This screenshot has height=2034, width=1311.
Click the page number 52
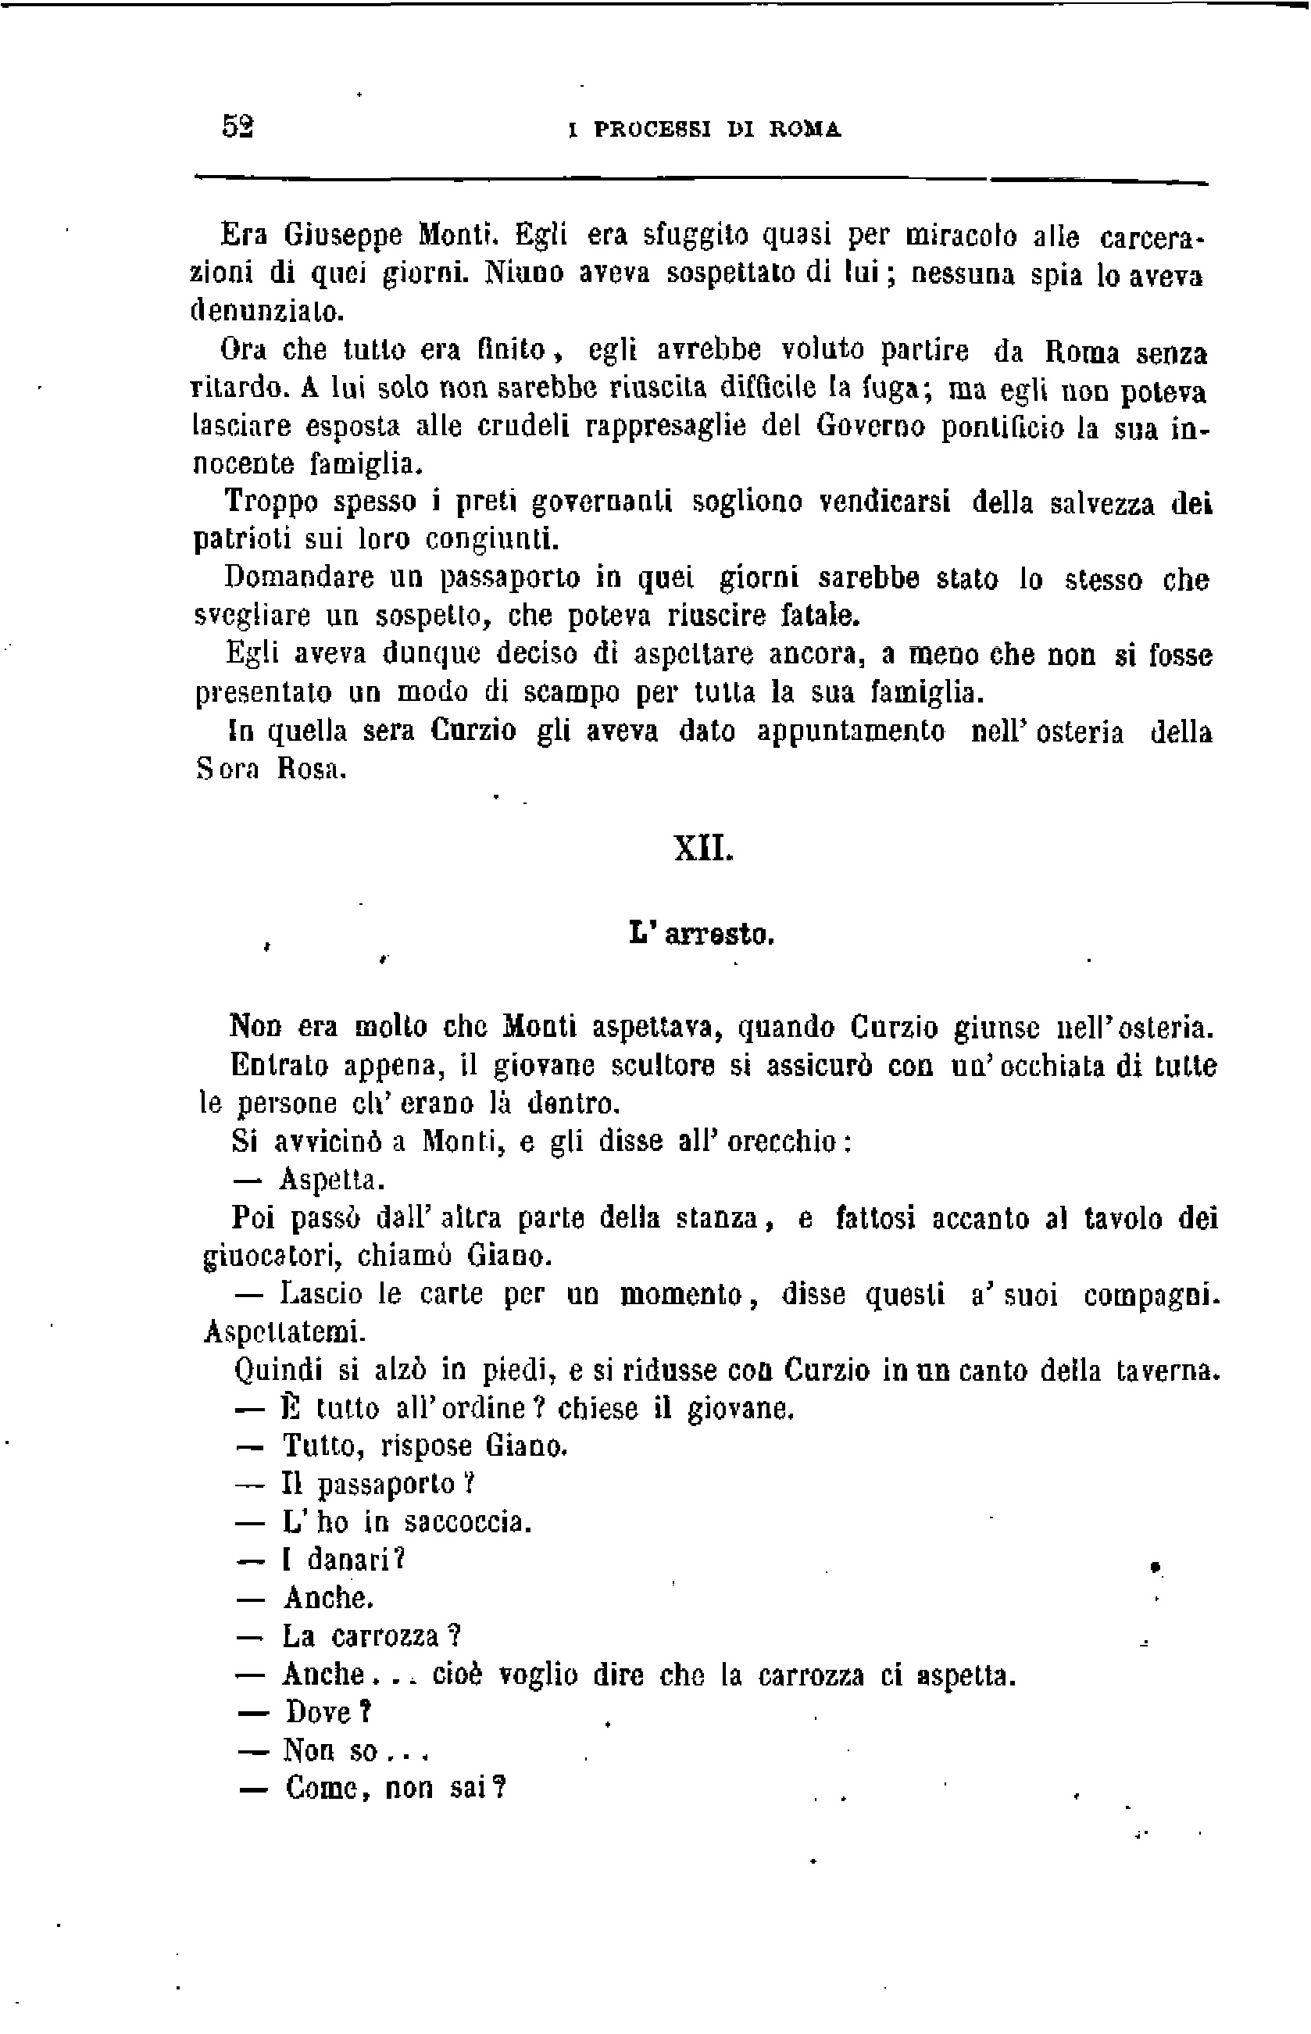(238, 127)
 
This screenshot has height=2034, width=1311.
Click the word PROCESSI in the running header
(653, 130)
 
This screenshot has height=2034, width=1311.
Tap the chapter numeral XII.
(703, 849)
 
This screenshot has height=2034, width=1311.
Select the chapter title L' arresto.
(702, 935)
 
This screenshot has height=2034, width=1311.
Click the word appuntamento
(851, 731)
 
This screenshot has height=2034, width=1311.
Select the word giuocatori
(273, 1257)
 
